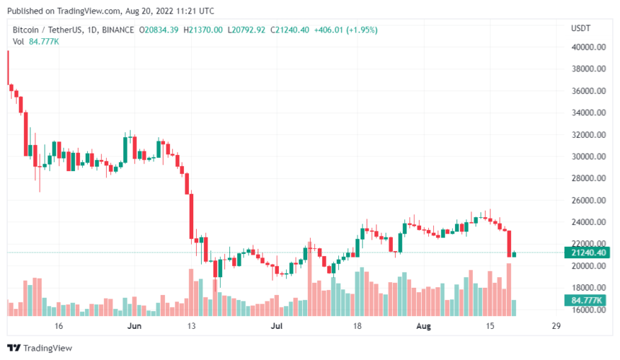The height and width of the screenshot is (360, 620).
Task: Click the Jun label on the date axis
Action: click(134, 326)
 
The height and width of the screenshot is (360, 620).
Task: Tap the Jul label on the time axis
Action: click(276, 326)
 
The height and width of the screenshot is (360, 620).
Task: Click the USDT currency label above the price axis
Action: click(581, 28)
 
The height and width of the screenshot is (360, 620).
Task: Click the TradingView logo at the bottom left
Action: click(43, 348)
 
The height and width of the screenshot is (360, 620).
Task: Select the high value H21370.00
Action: click(204, 30)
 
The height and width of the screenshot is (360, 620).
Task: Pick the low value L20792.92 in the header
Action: click(247, 30)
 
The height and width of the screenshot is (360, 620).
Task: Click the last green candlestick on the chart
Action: click(513, 253)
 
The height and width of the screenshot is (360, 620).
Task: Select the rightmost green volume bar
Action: click(513, 307)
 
